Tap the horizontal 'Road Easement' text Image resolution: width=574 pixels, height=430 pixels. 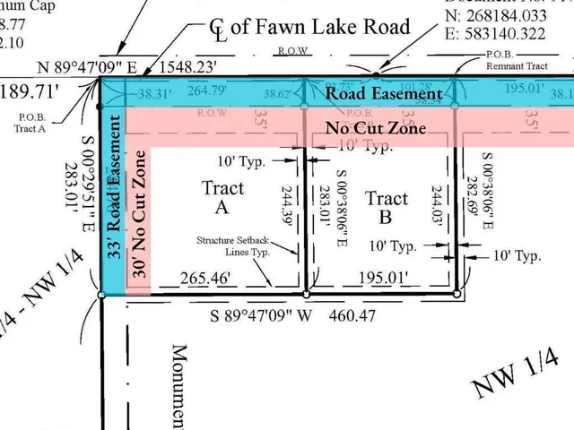[x=383, y=93]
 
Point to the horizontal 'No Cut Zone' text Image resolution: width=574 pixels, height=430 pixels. [x=375, y=129]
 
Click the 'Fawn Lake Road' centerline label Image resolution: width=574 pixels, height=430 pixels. [x=309, y=26]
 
